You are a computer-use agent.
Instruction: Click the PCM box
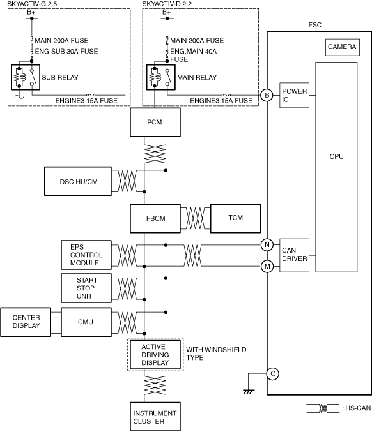click(155, 122)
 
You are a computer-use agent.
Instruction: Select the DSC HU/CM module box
click(78, 181)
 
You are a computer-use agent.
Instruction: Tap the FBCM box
click(155, 218)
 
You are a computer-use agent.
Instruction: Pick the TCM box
click(235, 218)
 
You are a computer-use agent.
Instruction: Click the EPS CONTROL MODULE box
click(86, 255)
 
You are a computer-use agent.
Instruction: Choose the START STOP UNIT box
click(86, 288)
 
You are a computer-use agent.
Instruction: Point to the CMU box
click(86, 322)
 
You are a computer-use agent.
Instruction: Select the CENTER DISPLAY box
click(26, 322)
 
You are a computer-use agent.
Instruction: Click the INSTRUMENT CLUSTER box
click(155, 417)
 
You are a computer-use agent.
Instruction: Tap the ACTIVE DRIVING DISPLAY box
click(155, 355)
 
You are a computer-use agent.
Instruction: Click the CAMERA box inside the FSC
click(343, 47)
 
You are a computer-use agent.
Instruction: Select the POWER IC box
click(294, 95)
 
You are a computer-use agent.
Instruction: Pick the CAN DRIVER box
click(294, 255)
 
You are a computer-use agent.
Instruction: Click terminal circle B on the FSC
click(267, 95)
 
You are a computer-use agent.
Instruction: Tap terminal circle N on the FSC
click(267, 244)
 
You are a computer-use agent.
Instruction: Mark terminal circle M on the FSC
click(267, 267)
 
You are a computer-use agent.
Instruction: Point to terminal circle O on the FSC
click(273, 373)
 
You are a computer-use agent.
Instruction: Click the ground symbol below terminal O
click(249, 392)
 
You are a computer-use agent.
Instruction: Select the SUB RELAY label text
click(60, 77)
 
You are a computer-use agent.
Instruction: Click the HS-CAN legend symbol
click(323, 408)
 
